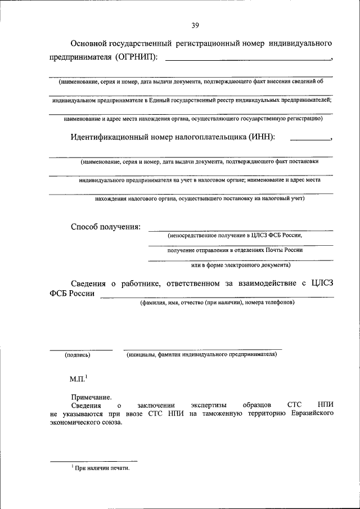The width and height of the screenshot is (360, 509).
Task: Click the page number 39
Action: click(x=195, y=25)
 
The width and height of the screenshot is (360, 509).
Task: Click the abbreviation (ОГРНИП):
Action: click(x=137, y=57)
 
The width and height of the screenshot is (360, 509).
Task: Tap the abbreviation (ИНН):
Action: click(x=261, y=136)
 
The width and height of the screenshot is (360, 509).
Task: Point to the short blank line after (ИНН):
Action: click(x=310, y=138)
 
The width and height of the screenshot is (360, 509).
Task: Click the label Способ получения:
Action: click(x=105, y=227)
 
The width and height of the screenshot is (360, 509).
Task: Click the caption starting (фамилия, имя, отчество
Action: click(x=217, y=302)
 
